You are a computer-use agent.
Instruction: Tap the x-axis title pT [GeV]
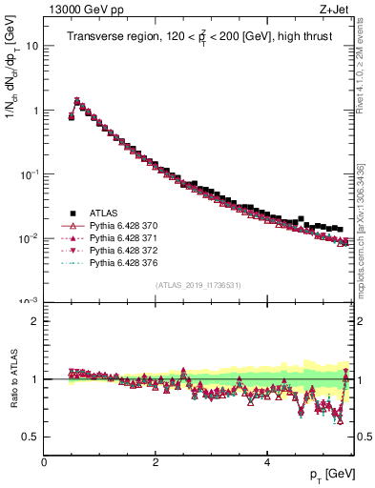pyautogui.click(x=327, y=475)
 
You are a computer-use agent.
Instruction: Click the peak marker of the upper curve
pyautogui.click(x=77, y=99)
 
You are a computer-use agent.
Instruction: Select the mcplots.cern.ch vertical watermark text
pyautogui.click(x=367, y=229)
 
